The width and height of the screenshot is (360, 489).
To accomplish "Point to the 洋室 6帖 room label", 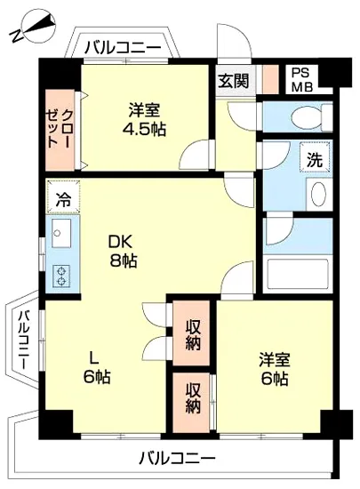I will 274,369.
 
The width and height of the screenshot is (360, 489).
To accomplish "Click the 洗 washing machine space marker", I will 315,160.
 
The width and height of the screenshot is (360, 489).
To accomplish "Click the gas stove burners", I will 62,275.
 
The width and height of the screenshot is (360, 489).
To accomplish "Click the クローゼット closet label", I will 60,131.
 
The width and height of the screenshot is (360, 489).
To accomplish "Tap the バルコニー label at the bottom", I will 177,460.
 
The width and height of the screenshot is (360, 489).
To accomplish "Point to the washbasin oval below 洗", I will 316,193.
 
